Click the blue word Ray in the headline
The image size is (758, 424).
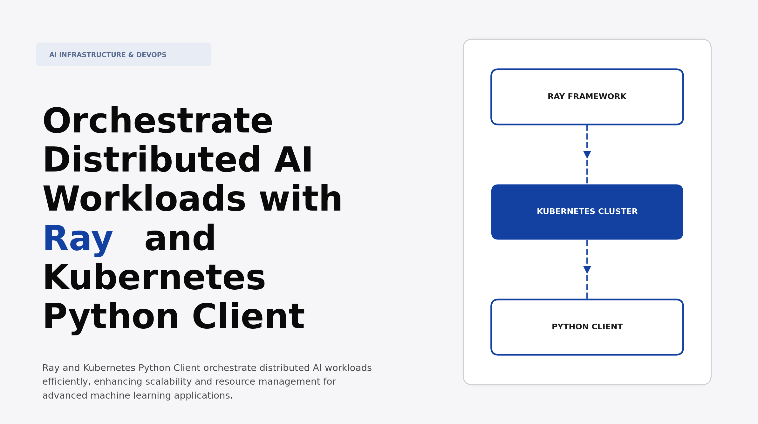coord(78,239)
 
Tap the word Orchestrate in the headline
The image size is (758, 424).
coord(158,121)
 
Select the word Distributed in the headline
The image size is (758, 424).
coord(152,160)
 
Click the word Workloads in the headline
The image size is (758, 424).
coord(144,199)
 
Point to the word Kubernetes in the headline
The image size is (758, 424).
coord(154,278)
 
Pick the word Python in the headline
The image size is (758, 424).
coord(111,317)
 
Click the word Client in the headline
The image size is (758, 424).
coord(248,317)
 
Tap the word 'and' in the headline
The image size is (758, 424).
coord(180,239)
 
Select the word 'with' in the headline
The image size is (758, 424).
coord(301,199)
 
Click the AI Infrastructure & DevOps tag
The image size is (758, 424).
coord(124,55)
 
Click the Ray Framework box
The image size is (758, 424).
coord(587,97)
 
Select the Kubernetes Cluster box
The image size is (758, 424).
coord(587,212)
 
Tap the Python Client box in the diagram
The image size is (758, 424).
coord(587,327)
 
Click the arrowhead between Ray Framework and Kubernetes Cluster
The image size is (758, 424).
coord(587,155)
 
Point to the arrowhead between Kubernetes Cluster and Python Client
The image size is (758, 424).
coord(587,270)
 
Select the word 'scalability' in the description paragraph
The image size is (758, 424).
coord(168,382)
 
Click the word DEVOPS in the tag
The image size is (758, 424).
coord(151,55)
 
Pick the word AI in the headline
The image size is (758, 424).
coord(293,160)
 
